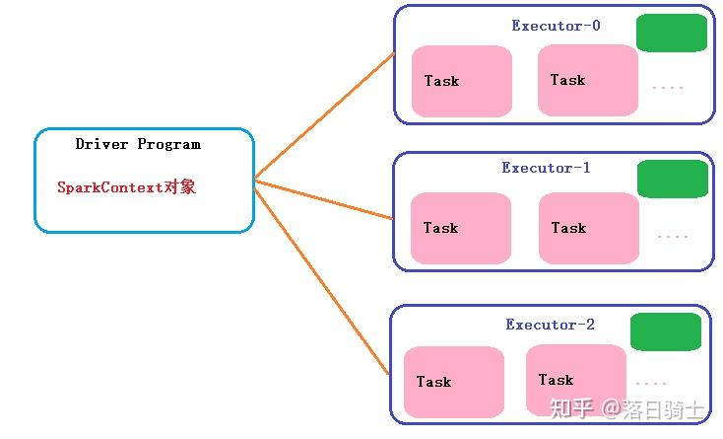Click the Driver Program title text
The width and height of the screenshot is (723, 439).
[138, 144]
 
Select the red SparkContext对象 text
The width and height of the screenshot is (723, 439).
[126, 186]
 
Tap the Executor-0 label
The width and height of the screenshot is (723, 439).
[556, 26]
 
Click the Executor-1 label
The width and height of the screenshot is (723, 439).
[546, 168]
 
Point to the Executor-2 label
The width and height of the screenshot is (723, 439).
[550, 325]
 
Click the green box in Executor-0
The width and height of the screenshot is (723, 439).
[672, 34]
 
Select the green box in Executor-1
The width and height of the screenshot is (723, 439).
[673, 179]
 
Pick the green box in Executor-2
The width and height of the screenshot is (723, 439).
[666, 332]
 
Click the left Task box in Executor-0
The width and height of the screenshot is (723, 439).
[462, 81]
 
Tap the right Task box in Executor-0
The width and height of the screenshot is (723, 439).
[588, 80]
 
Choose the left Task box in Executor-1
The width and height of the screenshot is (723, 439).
[461, 228]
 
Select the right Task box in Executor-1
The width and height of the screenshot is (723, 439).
[589, 228]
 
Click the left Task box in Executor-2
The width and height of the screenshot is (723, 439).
[453, 382]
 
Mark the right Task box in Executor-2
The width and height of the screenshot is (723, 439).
[575, 380]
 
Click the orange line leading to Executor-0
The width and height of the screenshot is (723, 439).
[325, 115]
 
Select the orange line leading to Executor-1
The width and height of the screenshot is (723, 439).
[325, 198]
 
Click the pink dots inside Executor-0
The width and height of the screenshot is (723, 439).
[668, 88]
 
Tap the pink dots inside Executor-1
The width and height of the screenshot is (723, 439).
[672, 237]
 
